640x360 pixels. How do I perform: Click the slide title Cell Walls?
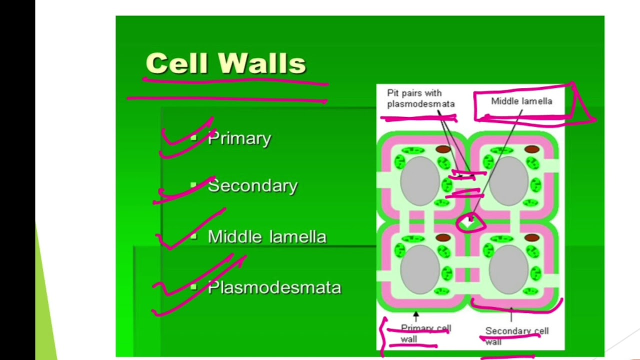(x=225, y=63)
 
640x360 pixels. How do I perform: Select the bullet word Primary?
(x=239, y=138)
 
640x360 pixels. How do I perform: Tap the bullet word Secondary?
(x=252, y=186)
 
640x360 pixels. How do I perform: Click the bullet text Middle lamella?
(x=266, y=236)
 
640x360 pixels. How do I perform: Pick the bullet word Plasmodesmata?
(x=274, y=287)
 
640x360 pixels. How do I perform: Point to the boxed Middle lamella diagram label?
(x=521, y=101)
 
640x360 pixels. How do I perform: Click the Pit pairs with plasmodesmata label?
(x=420, y=98)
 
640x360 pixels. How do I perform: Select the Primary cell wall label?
(x=425, y=333)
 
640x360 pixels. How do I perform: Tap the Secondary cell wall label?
(x=516, y=335)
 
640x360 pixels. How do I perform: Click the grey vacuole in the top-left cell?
(x=419, y=180)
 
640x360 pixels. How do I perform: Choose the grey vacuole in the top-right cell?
(x=508, y=180)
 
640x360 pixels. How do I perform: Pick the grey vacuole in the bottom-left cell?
(x=419, y=269)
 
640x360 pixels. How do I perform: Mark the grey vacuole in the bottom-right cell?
(x=508, y=269)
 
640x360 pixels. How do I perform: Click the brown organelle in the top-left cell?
(x=443, y=149)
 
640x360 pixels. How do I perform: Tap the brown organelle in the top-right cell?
(x=532, y=149)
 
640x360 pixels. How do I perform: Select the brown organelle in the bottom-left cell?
(x=443, y=238)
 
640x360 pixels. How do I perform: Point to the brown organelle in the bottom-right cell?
(x=532, y=238)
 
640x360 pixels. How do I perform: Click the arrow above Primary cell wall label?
(x=415, y=316)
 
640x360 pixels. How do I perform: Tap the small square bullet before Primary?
(x=193, y=138)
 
